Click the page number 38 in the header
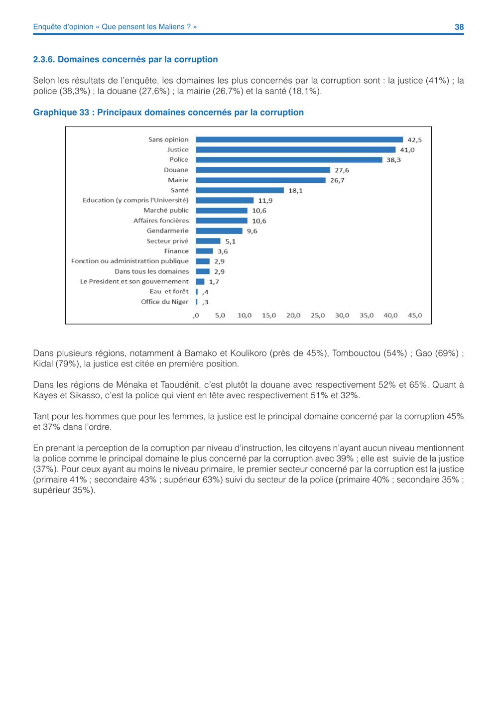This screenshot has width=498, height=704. [459, 27]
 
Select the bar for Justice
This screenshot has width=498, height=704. [295, 149]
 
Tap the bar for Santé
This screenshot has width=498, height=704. [240, 190]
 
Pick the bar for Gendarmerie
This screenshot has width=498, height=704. [219, 231]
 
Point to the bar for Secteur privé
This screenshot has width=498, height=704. [208, 241]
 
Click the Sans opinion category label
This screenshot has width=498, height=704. [168, 139]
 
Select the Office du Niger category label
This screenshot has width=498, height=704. [164, 302]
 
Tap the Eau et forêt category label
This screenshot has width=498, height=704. [169, 291]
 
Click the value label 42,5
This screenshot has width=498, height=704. [414, 140]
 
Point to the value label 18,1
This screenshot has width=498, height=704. [295, 191]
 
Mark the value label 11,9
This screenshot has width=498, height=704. [265, 201]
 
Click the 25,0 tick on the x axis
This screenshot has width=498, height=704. [318, 315]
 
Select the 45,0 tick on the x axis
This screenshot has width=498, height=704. [415, 315]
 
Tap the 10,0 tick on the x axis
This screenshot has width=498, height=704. [245, 315]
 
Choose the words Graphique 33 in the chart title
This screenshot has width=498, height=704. [61, 113]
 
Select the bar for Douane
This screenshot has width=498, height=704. [263, 170]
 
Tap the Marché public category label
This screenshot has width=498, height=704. [166, 210]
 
